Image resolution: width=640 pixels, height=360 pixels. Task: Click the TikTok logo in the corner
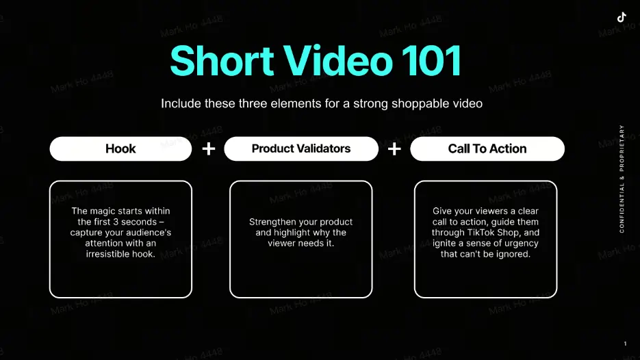click(x=622, y=17)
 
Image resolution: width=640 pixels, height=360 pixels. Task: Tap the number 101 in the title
click(x=431, y=61)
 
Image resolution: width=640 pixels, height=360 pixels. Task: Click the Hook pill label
click(x=120, y=149)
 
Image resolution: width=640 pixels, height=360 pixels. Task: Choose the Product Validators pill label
click(x=301, y=149)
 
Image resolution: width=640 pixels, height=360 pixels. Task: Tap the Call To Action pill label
click(x=487, y=149)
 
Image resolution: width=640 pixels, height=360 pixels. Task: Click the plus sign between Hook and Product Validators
click(x=209, y=149)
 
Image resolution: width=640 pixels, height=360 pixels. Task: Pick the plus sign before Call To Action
click(x=394, y=149)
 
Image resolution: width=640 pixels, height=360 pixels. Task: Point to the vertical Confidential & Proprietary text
click(x=622, y=179)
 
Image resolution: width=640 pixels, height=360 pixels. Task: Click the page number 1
click(x=625, y=344)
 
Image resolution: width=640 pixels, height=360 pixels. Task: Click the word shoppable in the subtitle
click(x=417, y=104)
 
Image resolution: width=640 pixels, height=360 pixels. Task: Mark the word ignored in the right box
click(x=515, y=254)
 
